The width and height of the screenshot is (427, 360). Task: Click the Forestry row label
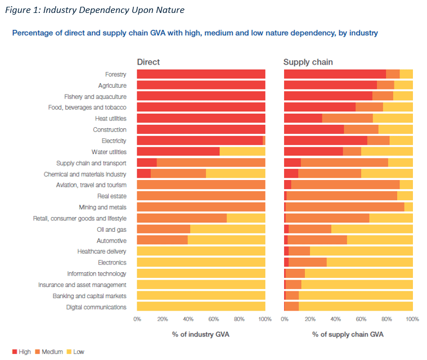pyautogui.click(x=115, y=74)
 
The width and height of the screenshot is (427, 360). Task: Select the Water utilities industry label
pyautogui.click(x=109, y=152)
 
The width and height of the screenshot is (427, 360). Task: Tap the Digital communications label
pyautogui.click(x=96, y=307)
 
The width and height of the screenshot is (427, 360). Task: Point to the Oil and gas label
pyautogui.click(x=111, y=229)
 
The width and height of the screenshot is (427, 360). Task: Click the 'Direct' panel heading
pyautogui.click(x=149, y=62)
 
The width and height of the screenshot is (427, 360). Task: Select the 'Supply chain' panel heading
pyautogui.click(x=307, y=62)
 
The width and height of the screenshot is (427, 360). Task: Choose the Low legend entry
pyautogui.click(x=75, y=352)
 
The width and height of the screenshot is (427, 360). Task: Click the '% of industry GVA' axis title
pyautogui.click(x=201, y=335)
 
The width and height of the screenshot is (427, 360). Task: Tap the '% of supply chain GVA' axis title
pyautogui.click(x=348, y=335)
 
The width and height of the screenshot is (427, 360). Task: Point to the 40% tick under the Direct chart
pyautogui.click(x=188, y=319)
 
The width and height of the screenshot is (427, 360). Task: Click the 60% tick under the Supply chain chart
pyautogui.click(x=361, y=319)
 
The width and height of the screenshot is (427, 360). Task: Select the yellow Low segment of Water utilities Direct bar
pyautogui.click(x=242, y=152)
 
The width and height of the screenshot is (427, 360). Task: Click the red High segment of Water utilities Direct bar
pyautogui.click(x=178, y=152)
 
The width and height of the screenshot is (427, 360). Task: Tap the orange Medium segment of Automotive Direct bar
pyautogui.click(x=162, y=241)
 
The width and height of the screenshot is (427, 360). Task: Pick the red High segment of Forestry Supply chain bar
pyautogui.click(x=335, y=74)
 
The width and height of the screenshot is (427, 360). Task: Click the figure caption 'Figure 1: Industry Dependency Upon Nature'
pyautogui.click(x=92, y=10)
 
